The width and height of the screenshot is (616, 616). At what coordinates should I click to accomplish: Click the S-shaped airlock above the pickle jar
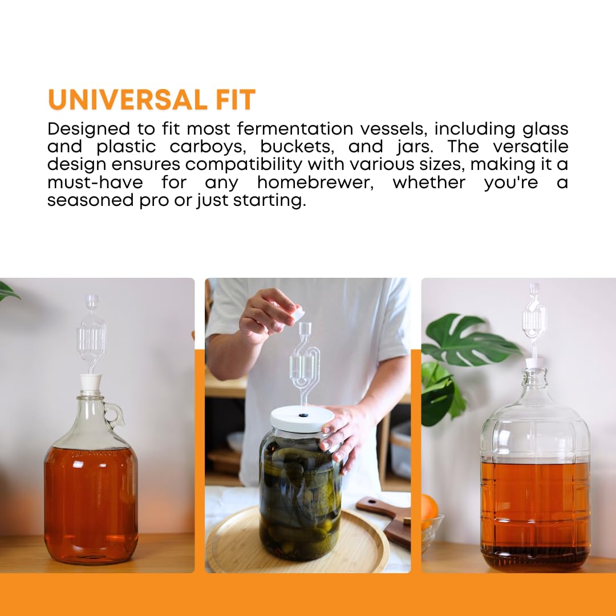tap(304, 359)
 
